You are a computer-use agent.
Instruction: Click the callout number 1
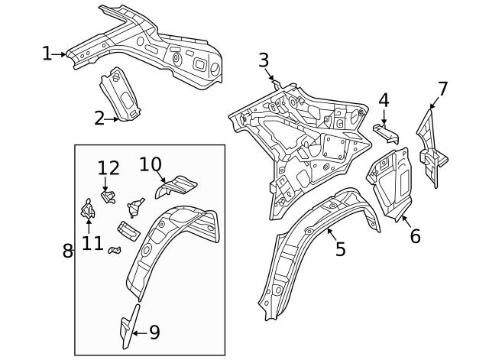(47, 54)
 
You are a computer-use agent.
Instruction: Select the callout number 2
(99, 118)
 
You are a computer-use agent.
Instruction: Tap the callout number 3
(264, 60)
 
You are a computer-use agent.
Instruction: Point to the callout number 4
(384, 100)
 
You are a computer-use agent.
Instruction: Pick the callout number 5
(340, 248)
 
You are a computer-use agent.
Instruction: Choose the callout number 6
(415, 236)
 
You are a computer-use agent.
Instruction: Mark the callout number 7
(442, 89)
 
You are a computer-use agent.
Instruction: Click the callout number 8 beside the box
(67, 251)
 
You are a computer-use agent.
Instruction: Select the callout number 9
(154, 332)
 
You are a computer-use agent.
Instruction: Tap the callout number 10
(151, 164)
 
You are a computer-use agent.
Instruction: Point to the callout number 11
(92, 243)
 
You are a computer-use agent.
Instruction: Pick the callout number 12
(108, 168)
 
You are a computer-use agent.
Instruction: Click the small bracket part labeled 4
(387, 133)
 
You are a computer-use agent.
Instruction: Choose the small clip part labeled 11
(87, 208)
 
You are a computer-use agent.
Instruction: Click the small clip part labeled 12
(109, 196)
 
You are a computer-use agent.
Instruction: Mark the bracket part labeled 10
(177, 186)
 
